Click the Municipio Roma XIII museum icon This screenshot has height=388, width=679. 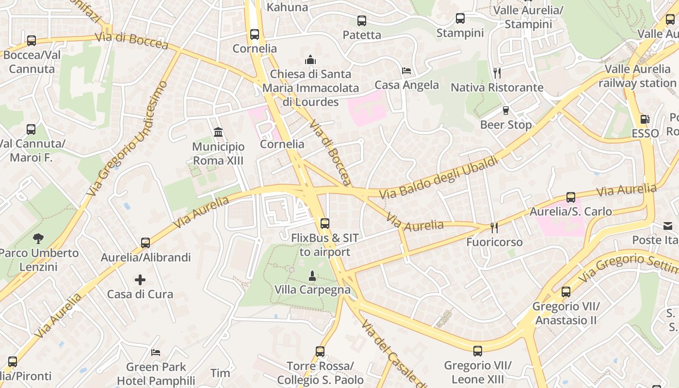click(218, 132)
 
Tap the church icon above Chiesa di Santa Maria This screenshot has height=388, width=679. click(310, 60)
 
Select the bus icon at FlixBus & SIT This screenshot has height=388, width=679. click(325, 224)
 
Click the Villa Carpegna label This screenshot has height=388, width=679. click(312, 290)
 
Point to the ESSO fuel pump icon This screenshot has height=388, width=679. click(645, 119)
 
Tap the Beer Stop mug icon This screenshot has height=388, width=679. click(506, 111)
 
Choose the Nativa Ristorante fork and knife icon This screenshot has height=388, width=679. click(497, 73)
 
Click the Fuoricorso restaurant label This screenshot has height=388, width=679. click(495, 242)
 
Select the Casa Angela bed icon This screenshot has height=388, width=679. click(406, 71)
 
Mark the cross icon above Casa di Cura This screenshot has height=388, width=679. click(140, 280)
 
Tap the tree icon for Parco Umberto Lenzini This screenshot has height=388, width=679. click(38, 239)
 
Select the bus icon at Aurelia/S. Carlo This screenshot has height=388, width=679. click(571, 197)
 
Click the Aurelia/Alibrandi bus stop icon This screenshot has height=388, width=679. click(145, 243)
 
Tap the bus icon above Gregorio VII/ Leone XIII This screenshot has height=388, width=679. click(478, 351)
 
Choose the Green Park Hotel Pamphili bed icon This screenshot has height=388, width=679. click(156, 353)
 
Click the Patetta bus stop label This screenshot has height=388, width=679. click(362, 35)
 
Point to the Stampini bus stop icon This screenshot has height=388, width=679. click(460, 19)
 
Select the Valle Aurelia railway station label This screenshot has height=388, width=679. click(637, 76)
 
